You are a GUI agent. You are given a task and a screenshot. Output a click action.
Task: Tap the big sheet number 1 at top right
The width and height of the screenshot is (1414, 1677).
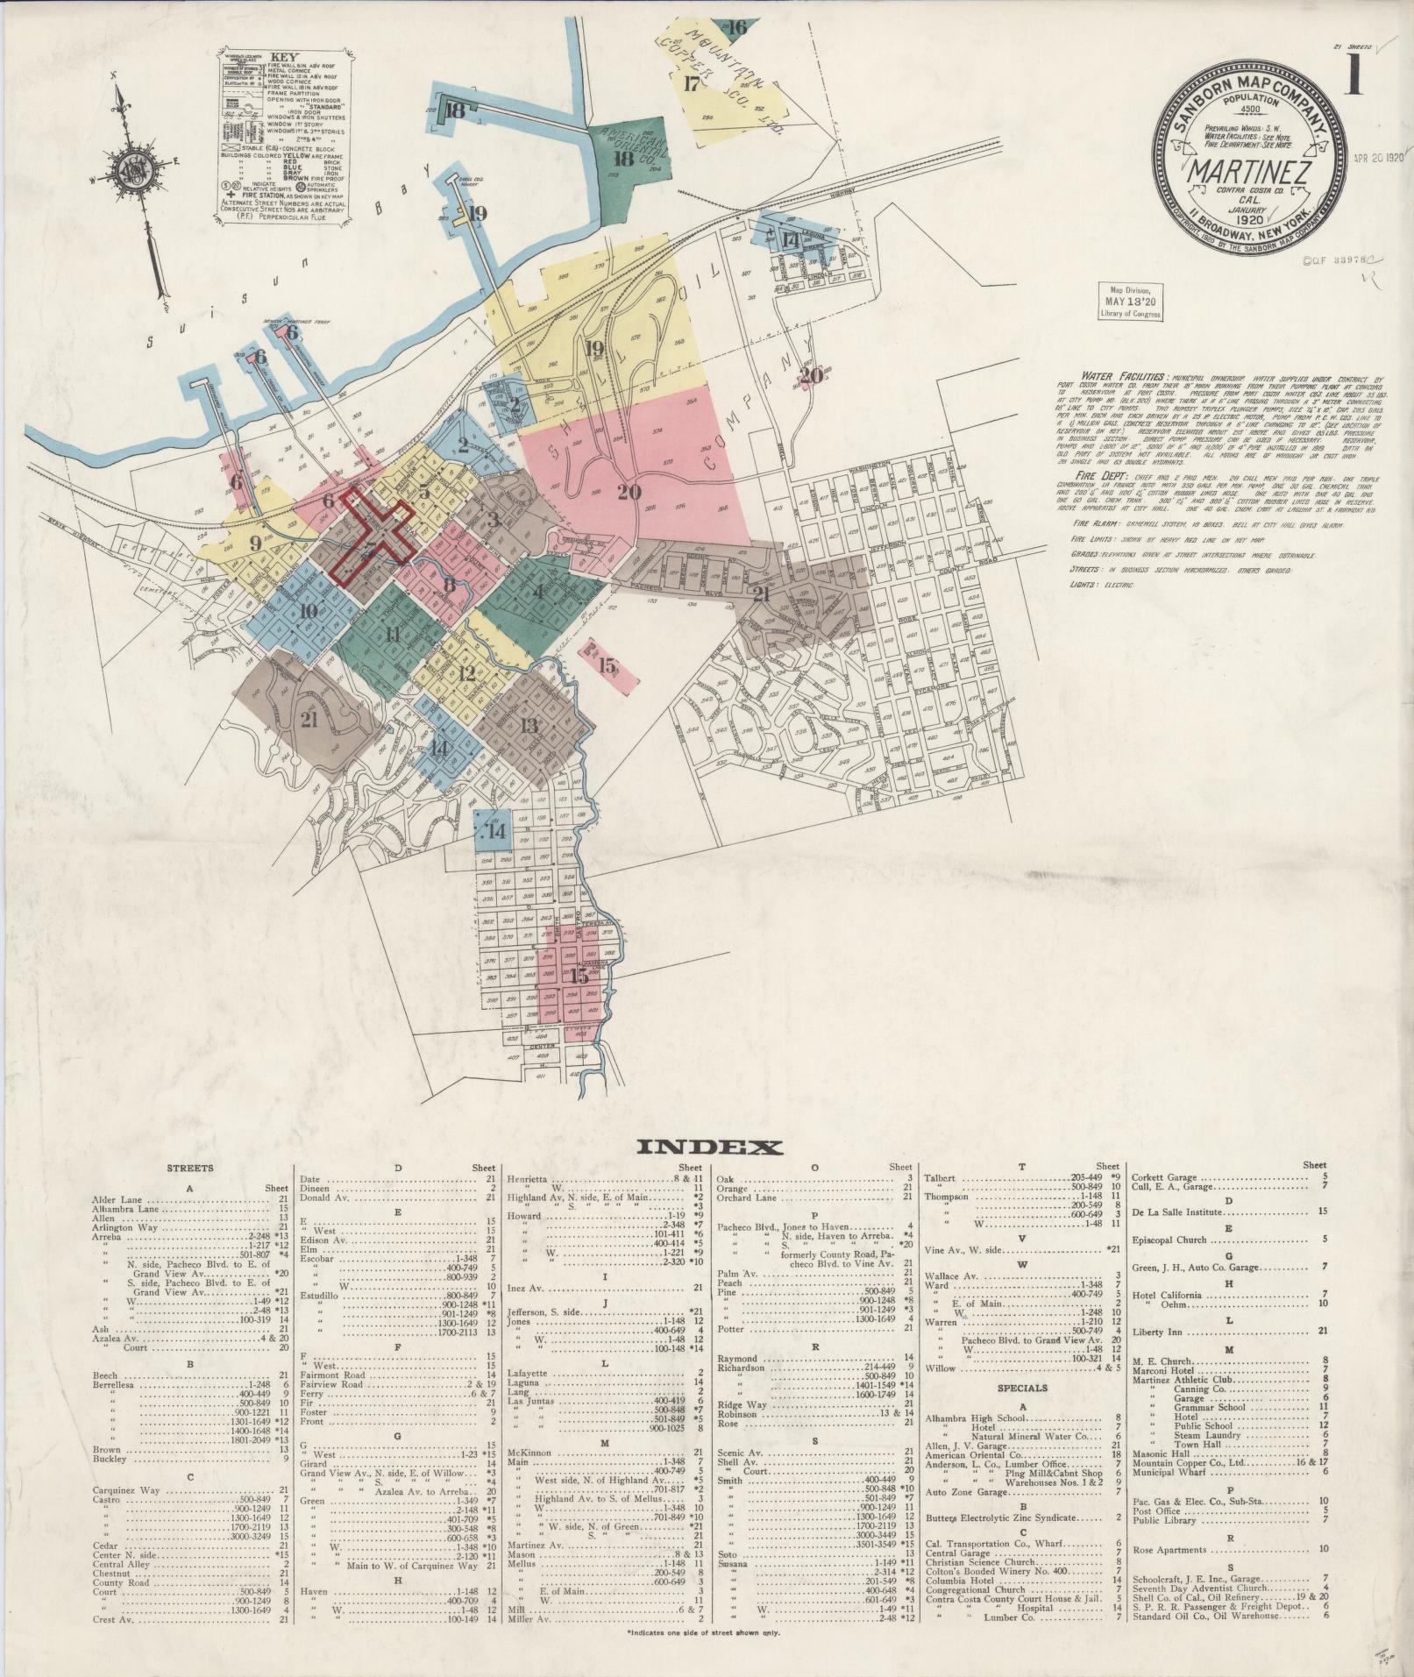[1354, 78]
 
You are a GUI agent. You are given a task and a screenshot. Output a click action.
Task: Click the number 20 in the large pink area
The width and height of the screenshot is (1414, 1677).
[629, 492]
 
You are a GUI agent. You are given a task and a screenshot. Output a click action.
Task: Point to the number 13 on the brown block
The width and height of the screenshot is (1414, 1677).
[529, 725]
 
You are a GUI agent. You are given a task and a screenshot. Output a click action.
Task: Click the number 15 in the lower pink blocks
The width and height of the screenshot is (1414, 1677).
[579, 975]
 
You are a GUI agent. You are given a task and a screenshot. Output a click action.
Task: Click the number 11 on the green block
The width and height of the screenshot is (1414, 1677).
[392, 633]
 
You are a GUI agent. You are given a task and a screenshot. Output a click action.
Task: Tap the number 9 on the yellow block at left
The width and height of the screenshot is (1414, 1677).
[255, 543]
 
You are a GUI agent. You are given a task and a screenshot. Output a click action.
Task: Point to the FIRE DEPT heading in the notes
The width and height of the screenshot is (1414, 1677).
[1080, 475]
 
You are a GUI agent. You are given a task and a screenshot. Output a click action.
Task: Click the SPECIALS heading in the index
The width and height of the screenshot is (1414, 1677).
[1022, 1388]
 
